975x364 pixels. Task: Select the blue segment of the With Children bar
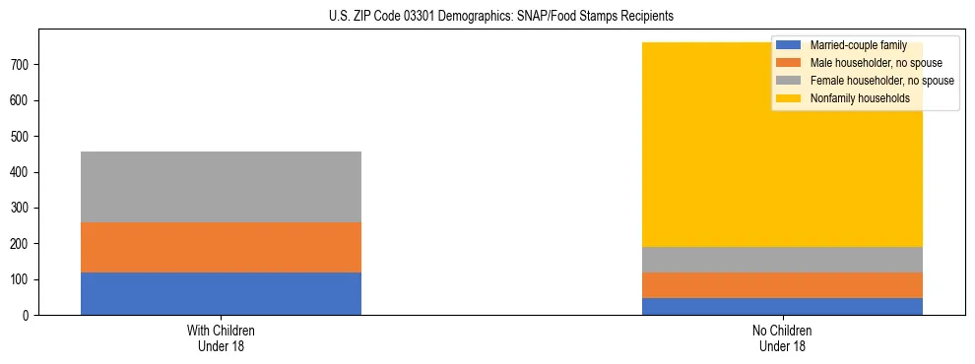(x=221, y=293)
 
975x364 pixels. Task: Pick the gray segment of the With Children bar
(x=221, y=187)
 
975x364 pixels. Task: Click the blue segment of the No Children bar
(x=782, y=306)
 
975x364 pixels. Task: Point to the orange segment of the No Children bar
(x=782, y=285)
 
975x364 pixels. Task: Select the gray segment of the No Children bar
(x=782, y=260)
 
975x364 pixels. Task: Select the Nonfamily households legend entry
(x=859, y=98)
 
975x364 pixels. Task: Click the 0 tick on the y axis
(x=29, y=315)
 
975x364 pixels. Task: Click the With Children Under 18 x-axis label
(x=221, y=337)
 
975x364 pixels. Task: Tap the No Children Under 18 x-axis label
(x=782, y=337)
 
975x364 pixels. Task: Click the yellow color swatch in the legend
(x=789, y=98)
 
